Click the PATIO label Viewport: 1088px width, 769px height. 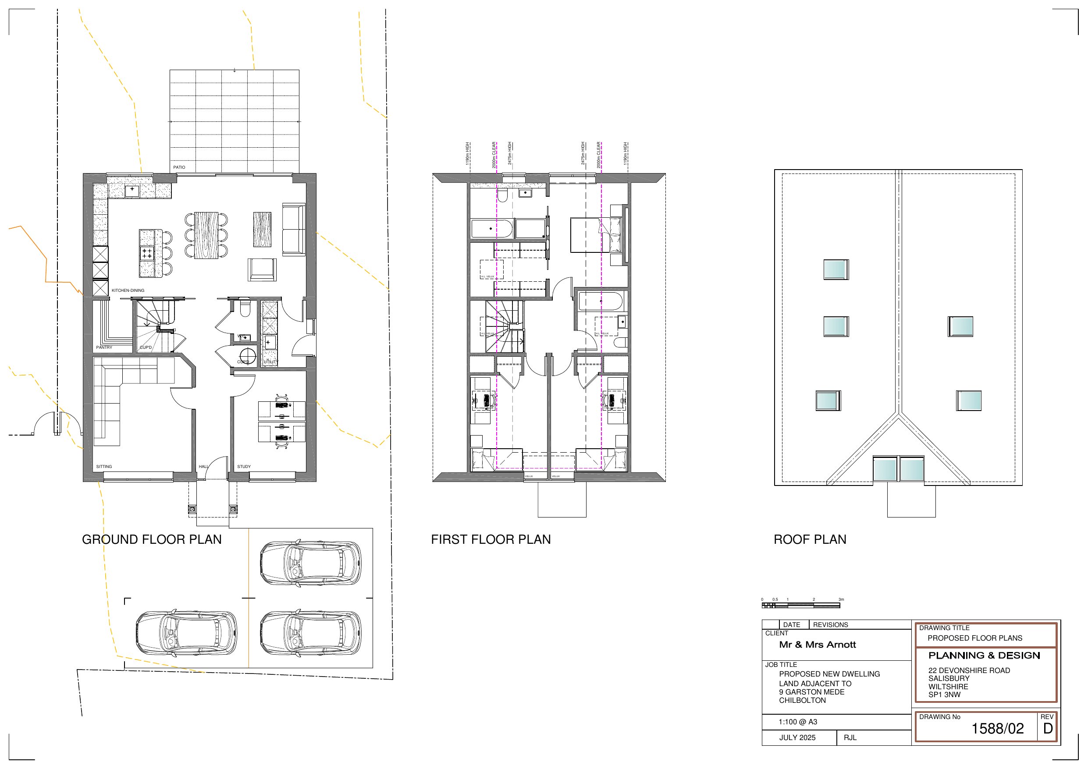point(179,167)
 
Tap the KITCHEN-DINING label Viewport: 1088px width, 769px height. point(128,291)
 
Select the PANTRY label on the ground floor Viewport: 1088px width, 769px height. point(104,347)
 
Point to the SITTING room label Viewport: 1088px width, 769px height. point(104,467)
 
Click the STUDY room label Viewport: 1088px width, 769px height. point(244,467)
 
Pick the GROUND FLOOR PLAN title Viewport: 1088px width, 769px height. point(152,540)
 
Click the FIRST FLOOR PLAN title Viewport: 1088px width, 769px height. point(491,540)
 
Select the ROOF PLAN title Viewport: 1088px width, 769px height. point(809,540)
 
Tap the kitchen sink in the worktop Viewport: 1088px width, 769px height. point(132,191)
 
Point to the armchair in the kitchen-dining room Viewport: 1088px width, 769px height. point(262,269)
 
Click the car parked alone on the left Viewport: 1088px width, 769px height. point(186,633)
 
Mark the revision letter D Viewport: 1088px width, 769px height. point(1048,729)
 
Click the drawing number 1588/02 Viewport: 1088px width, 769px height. point(998,729)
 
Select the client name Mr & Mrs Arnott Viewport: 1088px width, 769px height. point(818,645)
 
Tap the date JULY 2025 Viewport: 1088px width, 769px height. point(797,738)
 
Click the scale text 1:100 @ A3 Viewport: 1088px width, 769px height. point(798,722)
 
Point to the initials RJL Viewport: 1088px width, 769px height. point(850,738)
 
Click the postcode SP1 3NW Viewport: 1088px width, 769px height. point(944,695)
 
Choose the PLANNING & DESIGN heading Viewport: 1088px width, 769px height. point(984,656)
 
